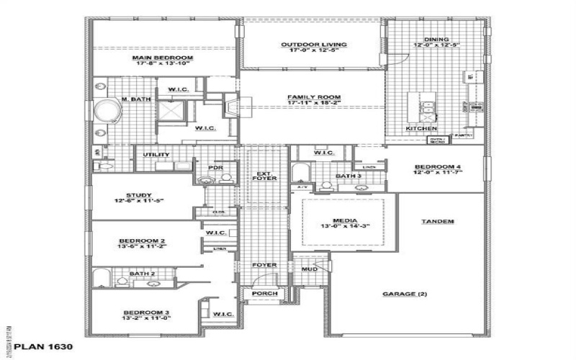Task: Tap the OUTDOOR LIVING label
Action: (x=313, y=45)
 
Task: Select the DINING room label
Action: (x=436, y=40)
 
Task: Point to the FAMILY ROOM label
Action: (x=313, y=97)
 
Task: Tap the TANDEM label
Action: (x=437, y=221)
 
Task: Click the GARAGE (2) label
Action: (x=403, y=294)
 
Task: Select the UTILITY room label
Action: (x=156, y=154)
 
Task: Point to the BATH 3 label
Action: (x=349, y=176)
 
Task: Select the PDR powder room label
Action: (x=213, y=168)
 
